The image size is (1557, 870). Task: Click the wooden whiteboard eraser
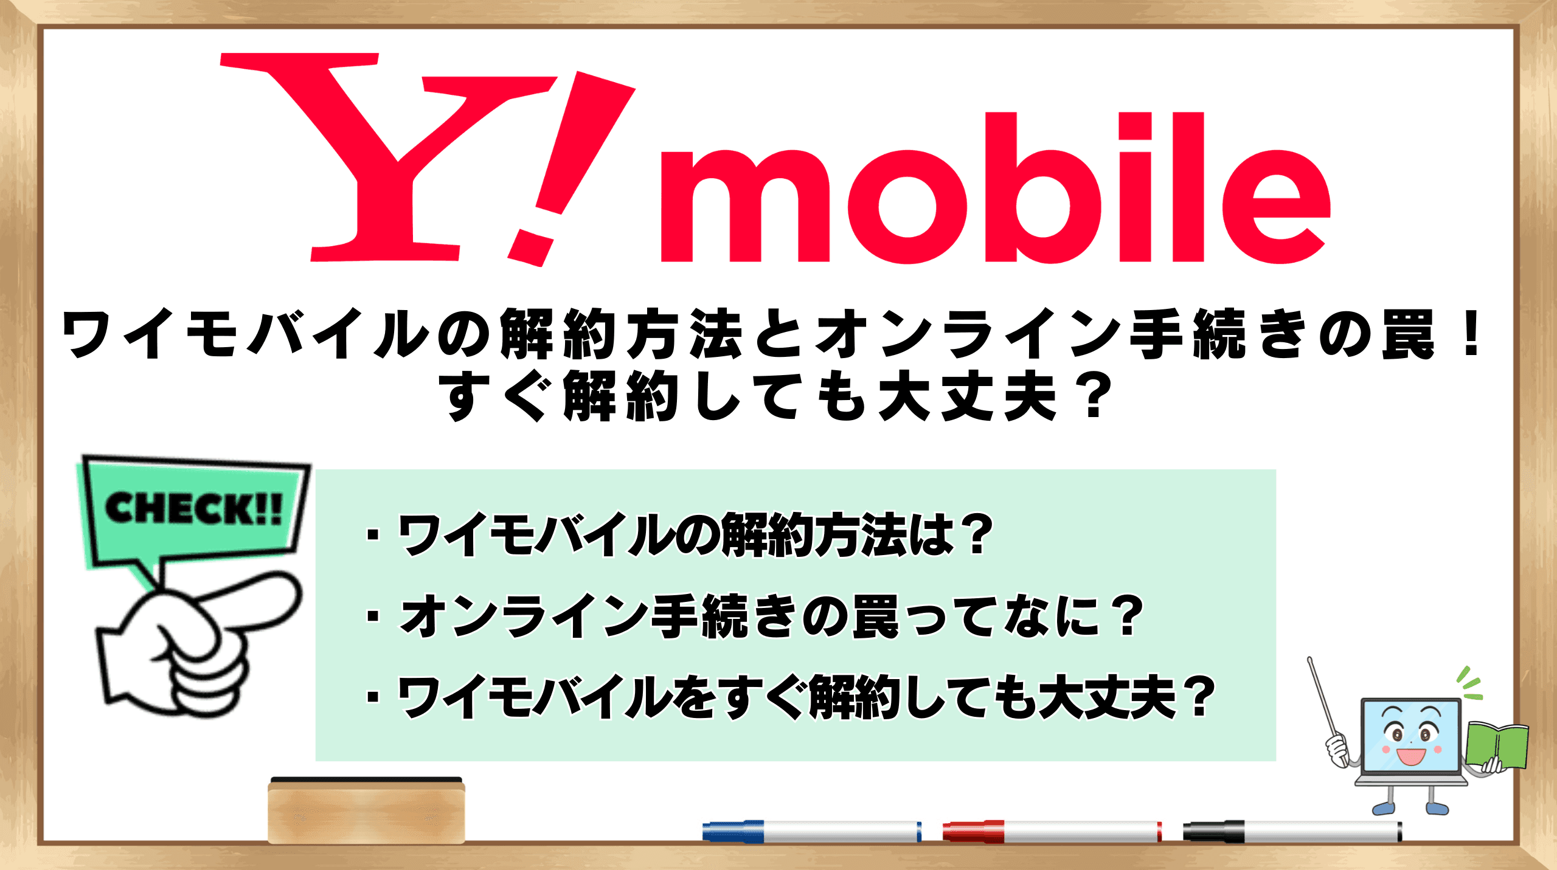366,810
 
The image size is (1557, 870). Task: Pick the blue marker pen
811,831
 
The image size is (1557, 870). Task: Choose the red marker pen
1052,831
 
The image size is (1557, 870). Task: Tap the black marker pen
1292,831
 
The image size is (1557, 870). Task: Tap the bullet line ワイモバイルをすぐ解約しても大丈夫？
791,697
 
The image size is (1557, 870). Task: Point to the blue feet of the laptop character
1410,808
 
